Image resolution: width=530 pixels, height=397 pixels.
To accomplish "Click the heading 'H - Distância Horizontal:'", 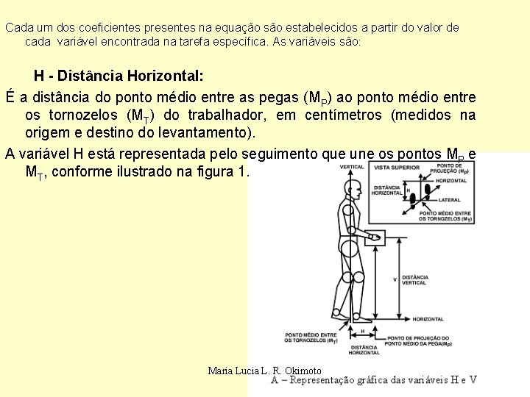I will tap(119, 76).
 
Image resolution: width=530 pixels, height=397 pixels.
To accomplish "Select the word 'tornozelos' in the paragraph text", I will tap(83, 115).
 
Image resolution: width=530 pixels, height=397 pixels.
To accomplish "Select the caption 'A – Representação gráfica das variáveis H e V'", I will tap(374, 380).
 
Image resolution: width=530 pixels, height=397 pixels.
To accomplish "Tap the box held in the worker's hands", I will tap(375, 237).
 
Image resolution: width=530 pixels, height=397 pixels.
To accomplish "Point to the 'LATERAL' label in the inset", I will tap(450, 200).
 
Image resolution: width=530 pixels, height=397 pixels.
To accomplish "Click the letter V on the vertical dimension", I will tap(395, 279).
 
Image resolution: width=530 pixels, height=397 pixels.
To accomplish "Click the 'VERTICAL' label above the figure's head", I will tap(351, 167).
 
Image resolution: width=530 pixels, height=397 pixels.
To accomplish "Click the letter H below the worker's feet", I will tap(362, 331).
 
